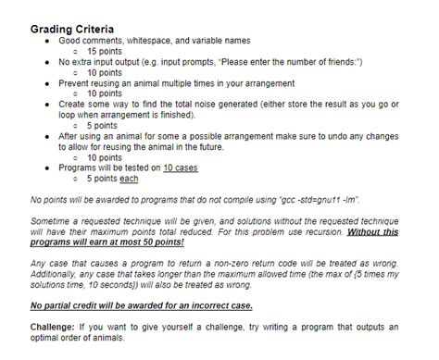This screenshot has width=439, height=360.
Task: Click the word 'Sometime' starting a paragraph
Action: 52,221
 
